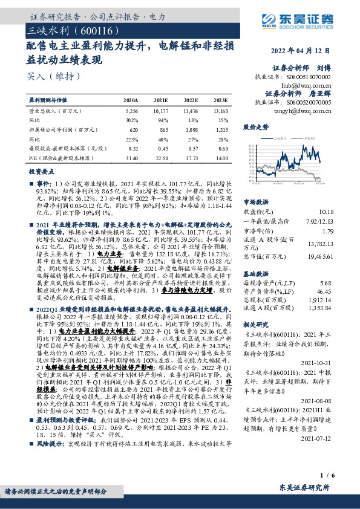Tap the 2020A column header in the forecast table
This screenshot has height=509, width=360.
click(x=130, y=100)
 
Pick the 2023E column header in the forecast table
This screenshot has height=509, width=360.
click(x=221, y=100)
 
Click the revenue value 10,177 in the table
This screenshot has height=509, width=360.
click(x=161, y=111)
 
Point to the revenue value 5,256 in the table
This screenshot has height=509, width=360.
click(x=131, y=111)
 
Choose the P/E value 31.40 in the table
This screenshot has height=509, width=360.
click(x=131, y=158)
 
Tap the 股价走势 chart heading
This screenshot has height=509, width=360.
click(x=255, y=128)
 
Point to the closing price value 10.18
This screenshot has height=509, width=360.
click(x=326, y=212)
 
